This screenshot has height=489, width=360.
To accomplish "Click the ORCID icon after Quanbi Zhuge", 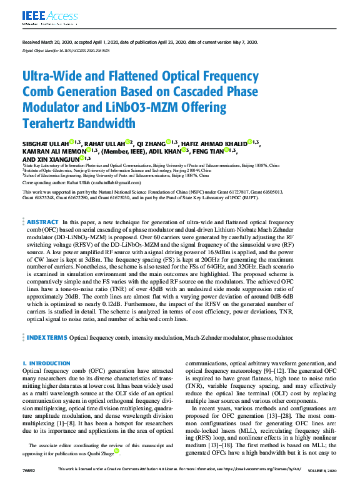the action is tap(116, 452).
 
